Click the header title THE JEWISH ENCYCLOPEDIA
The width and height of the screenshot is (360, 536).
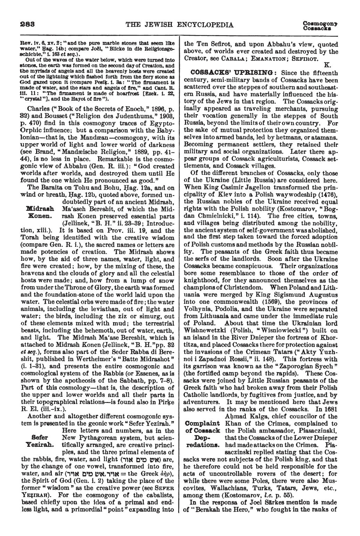(x=179, y=24)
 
